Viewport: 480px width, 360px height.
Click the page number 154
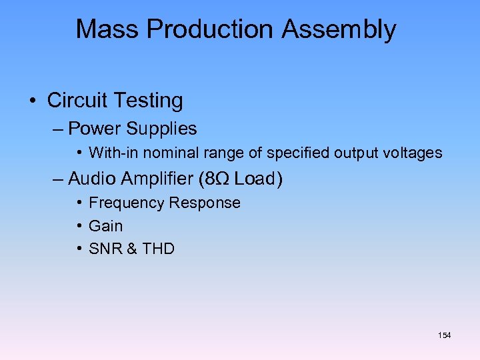(x=445, y=335)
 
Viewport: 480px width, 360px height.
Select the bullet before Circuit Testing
(x=32, y=101)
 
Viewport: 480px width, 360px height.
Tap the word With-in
(x=110, y=153)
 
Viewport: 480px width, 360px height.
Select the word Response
(x=204, y=203)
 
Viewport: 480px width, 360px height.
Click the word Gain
(x=105, y=226)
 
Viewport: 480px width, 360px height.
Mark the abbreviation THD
(x=158, y=249)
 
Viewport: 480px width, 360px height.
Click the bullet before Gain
(x=79, y=226)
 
